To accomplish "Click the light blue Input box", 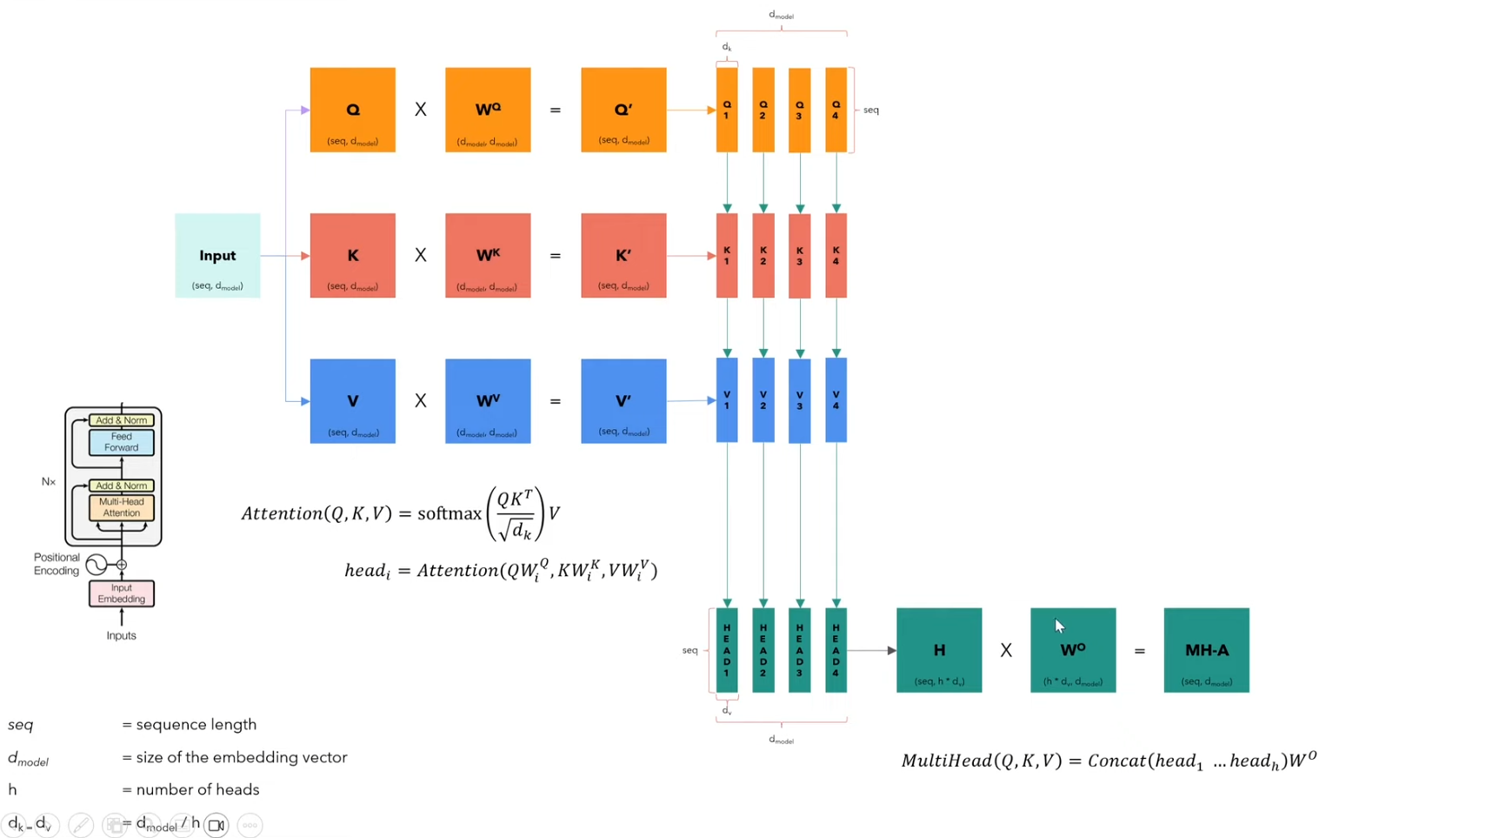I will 217,256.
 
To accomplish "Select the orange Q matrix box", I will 352,111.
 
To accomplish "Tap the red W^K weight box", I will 488,256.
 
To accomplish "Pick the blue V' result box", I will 623,401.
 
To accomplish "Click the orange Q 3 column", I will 799,111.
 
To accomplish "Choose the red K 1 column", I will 727,256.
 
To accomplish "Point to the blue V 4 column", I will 836,400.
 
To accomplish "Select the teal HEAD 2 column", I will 763,651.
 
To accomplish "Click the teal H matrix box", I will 939,651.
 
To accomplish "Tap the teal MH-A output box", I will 1206,651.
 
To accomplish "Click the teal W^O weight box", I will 1073,651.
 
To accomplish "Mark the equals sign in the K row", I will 556,256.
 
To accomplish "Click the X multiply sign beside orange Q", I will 421,111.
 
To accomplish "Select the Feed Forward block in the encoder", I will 122,442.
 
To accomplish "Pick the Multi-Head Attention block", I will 122,507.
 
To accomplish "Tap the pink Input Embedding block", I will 122,593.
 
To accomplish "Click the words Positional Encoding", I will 57,564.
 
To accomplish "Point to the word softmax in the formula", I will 449,513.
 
